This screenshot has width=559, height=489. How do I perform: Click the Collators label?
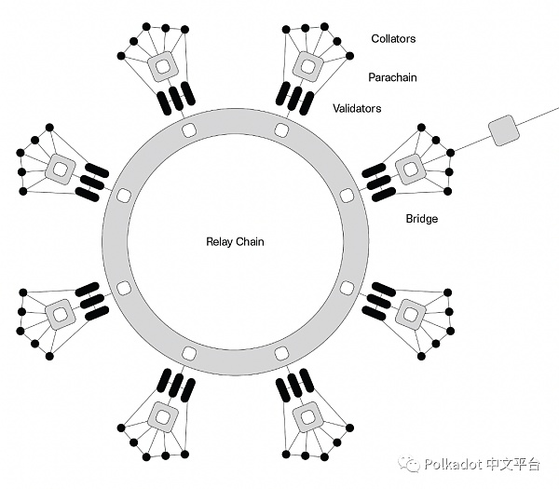(x=393, y=39)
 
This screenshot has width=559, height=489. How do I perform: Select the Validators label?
(x=357, y=109)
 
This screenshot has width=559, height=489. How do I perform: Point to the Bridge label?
(x=421, y=220)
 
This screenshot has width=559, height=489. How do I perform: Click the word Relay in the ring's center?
(x=219, y=242)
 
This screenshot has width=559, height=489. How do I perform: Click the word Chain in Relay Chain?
(x=250, y=242)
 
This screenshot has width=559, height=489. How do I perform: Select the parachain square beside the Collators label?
(x=306, y=66)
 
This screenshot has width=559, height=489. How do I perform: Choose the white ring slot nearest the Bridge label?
(x=347, y=197)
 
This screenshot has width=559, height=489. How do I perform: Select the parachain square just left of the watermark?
(x=305, y=413)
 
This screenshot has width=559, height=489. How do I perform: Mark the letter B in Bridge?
(x=409, y=220)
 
